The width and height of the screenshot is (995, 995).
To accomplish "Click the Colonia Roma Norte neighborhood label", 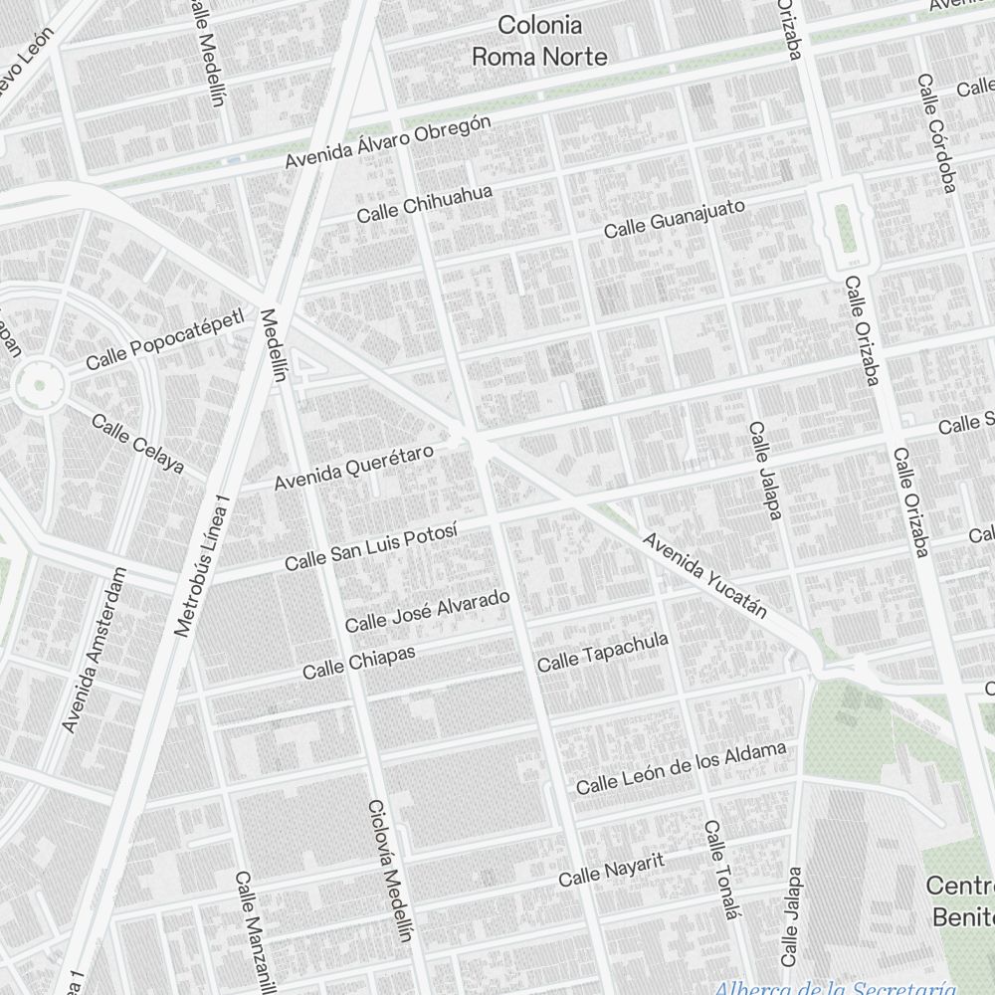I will coord(539,41).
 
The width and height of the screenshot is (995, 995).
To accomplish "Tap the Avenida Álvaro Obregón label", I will coord(388,141).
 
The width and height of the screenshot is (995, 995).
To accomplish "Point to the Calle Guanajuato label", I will coord(675,218).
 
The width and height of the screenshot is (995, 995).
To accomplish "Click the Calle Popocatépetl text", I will coord(164,340).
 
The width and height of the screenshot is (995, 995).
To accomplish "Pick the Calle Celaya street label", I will coord(138,442).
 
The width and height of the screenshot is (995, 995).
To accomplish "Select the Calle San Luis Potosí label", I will coord(370,546).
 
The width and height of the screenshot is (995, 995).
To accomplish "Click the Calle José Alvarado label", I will coord(427,611).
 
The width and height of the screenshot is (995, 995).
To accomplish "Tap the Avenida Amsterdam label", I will coord(95,651).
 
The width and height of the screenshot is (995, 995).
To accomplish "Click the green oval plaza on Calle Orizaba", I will coord(843,228).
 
